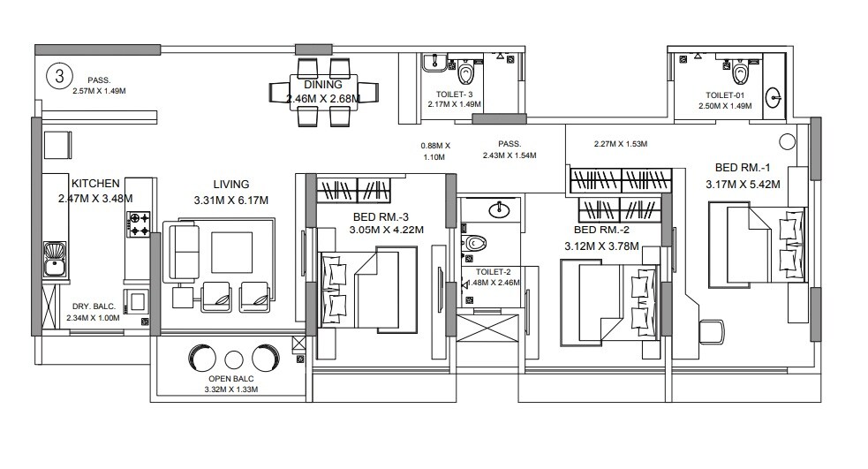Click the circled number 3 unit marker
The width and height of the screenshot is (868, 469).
(x=59, y=76)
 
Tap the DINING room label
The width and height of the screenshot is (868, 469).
(x=322, y=85)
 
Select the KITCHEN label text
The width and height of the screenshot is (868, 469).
(x=95, y=184)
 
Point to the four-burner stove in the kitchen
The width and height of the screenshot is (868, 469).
(x=139, y=223)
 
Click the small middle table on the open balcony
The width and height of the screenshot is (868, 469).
(x=233, y=359)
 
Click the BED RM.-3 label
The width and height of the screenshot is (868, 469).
(x=388, y=216)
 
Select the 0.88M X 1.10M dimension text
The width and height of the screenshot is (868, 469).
(x=435, y=150)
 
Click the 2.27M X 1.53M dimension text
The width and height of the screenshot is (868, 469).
(x=621, y=143)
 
